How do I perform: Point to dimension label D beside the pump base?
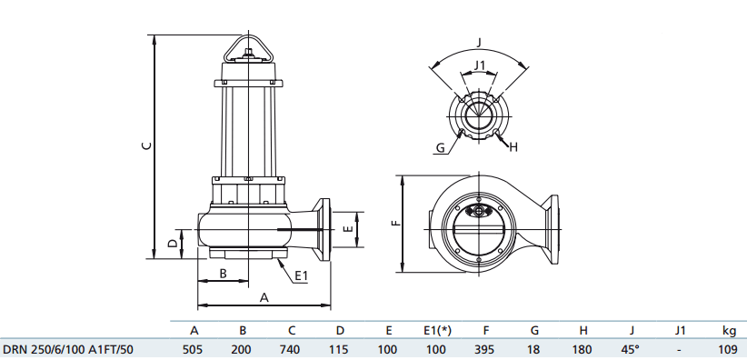172,243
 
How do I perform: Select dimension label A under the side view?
264,296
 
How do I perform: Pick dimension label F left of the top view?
393,223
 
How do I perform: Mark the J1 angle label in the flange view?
481,65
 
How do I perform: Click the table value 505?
194,349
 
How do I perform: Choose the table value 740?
291,349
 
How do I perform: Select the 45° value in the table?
631,349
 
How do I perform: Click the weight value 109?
728,349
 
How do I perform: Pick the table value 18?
534,349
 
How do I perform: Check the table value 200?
243,349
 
